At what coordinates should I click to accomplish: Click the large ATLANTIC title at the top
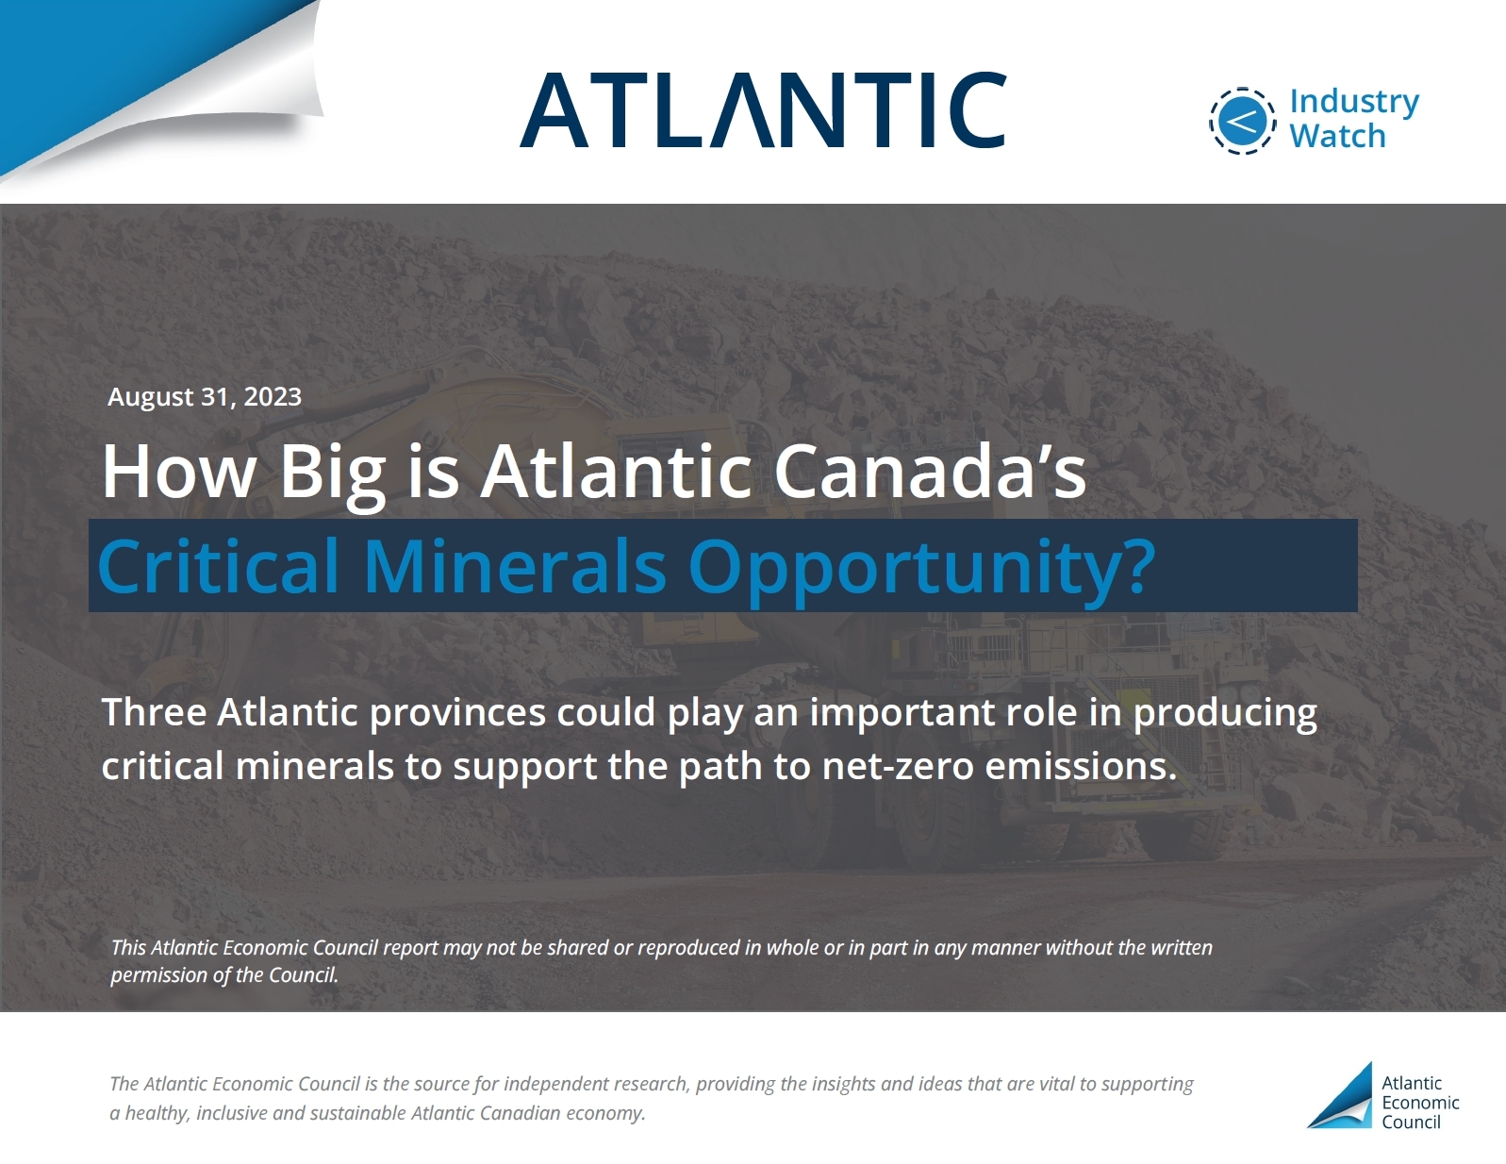pyautogui.click(x=762, y=109)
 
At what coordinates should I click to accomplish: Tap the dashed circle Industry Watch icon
pyautogui.click(x=1242, y=121)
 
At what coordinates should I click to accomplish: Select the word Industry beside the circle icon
pyautogui.click(x=1354, y=102)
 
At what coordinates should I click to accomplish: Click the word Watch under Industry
pyautogui.click(x=1337, y=136)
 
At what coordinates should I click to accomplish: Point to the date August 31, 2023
pyautogui.click(x=205, y=396)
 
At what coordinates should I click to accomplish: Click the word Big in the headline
pyautogui.click(x=331, y=473)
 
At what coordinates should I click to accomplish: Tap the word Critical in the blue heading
pyautogui.click(x=219, y=566)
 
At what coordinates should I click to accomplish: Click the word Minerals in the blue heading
pyautogui.click(x=514, y=566)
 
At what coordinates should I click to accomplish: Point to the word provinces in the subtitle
pyautogui.click(x=457, y=714)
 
